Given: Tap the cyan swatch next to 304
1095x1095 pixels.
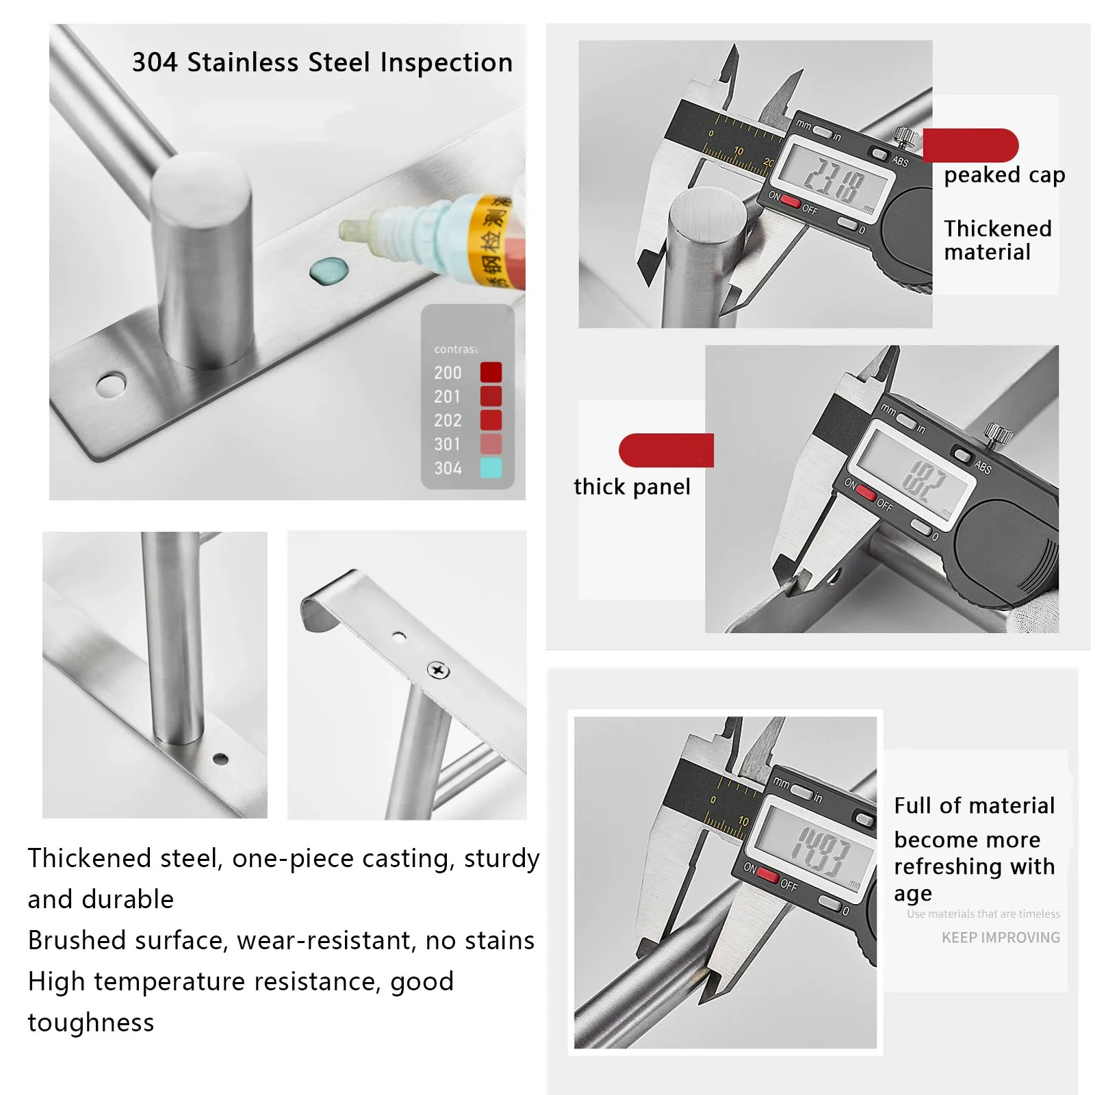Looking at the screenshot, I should click(491, 468).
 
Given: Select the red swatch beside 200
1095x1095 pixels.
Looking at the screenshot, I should click(491, 372).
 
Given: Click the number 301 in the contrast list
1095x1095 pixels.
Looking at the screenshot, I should click(448, 445).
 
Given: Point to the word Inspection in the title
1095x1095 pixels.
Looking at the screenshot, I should click(446, 62).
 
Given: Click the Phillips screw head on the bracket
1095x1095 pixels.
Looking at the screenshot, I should click(438, 670).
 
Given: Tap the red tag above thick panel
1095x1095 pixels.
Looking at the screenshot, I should click(667, 450).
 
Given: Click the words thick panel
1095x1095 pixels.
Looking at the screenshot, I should click(632, 487).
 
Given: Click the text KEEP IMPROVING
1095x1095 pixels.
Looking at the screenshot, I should click(1001, 938).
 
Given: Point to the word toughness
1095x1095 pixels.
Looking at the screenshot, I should click(91, 1022).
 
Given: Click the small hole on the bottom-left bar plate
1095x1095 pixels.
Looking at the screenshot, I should click(220, 758).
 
